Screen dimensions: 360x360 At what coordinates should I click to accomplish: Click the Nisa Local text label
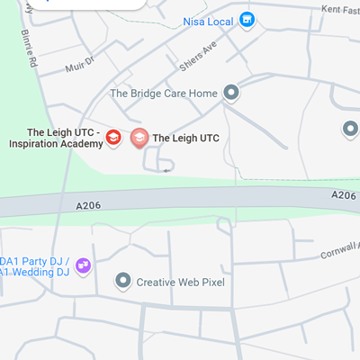pyautogui.click(x=208, y=20)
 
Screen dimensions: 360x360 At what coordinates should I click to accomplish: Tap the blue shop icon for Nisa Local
pyautogui.click(x=247, y=20)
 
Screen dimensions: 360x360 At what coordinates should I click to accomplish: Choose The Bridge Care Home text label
pyautogui.click(x=163, y=93)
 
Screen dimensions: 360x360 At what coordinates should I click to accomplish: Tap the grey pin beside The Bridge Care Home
pyautogui.click(x=231, y=92)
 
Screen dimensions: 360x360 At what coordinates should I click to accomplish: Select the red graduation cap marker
pyautogui.click(x=113, y=138)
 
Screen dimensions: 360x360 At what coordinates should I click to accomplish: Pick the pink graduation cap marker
pyautogui.click(x=139, y=138)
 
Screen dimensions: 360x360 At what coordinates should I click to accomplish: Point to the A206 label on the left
pyautogui.click(x=88, y=206)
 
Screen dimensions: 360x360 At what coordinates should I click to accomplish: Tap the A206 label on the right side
pyautogui.click(x=344, y=195)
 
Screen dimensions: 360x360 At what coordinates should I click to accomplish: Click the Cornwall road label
pyautogui.click(x=340, y=252)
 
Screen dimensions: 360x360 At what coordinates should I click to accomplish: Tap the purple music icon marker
pyautogui.click(x=83, y=265)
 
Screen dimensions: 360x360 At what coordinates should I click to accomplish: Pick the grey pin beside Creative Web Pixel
pyautogui.click(x=123, y=282)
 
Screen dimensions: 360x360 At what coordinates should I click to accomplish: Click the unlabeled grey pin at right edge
pyautogui.click(x=350, y=130)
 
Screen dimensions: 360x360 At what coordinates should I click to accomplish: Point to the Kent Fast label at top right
pyautogui.click(x=340, y=8)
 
